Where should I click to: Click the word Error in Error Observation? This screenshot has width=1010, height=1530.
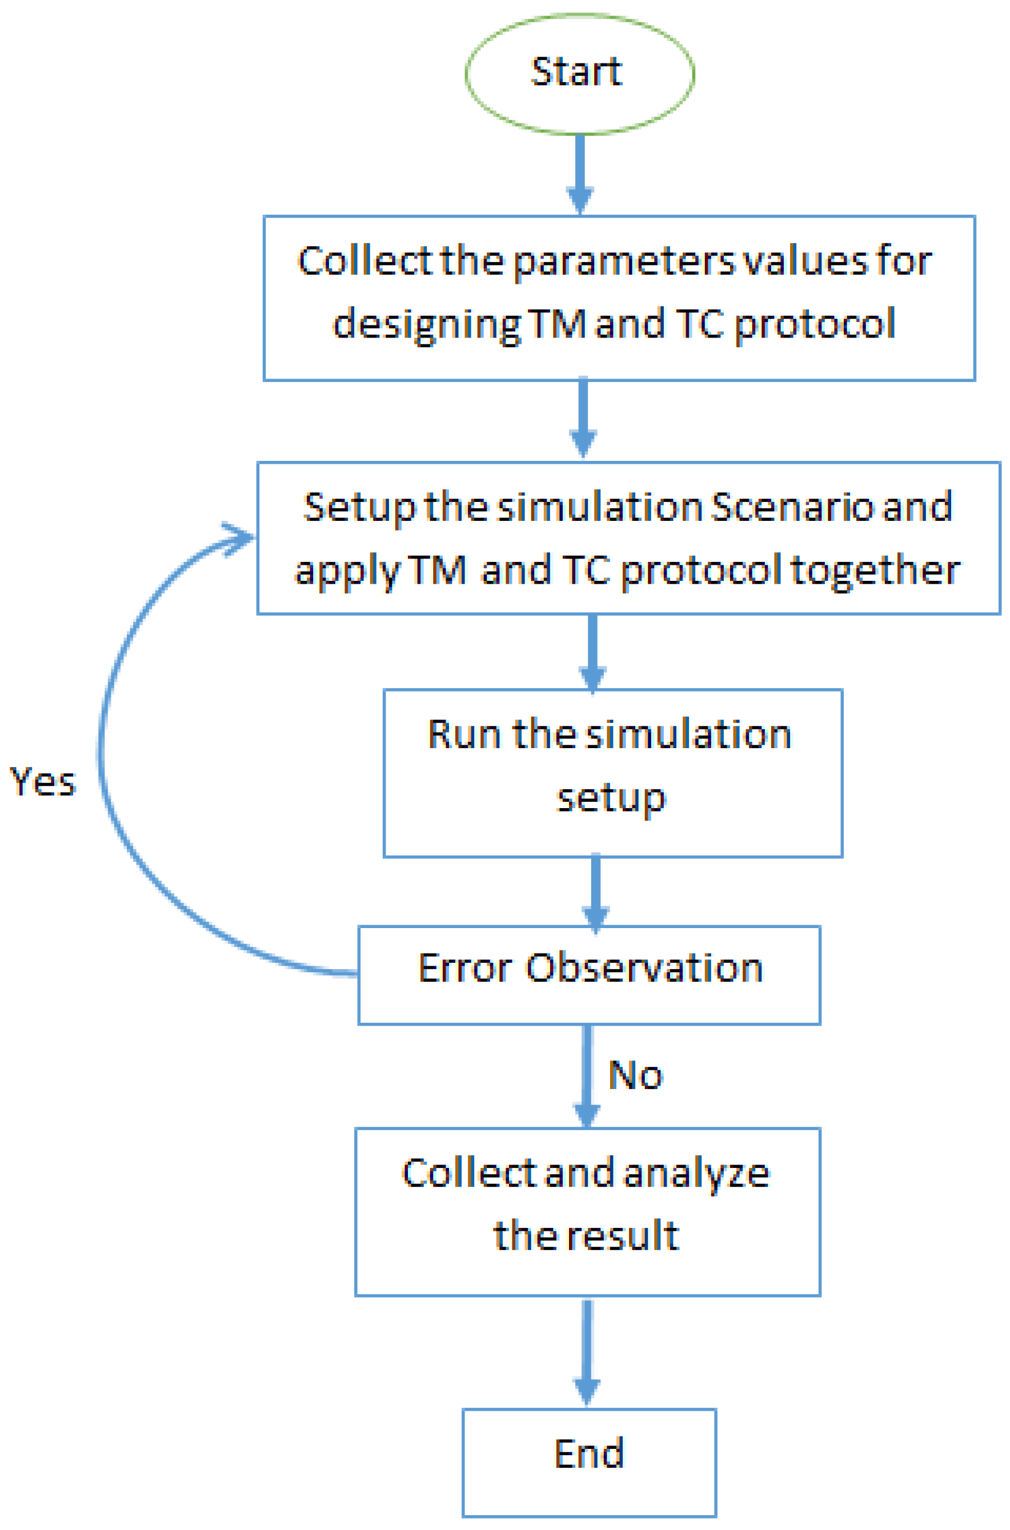click(465, 968)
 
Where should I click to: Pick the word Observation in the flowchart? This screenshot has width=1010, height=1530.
click(644, 968)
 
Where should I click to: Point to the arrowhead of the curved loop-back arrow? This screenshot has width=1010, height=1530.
click(242, 537)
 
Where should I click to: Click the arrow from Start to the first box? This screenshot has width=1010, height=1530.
click(580, 174)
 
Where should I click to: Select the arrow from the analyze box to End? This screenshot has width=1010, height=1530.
click(587, 1351)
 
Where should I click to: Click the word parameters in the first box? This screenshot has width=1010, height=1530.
click(623, 263)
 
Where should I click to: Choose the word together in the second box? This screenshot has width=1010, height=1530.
click(875, 571)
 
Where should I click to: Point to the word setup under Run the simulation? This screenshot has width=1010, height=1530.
click(611, 799)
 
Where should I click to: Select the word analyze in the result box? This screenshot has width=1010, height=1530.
click(696, 1173)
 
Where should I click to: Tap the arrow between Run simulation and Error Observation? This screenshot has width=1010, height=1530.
click(596, 892)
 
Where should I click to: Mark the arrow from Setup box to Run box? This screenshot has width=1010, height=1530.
click(592, 651)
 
